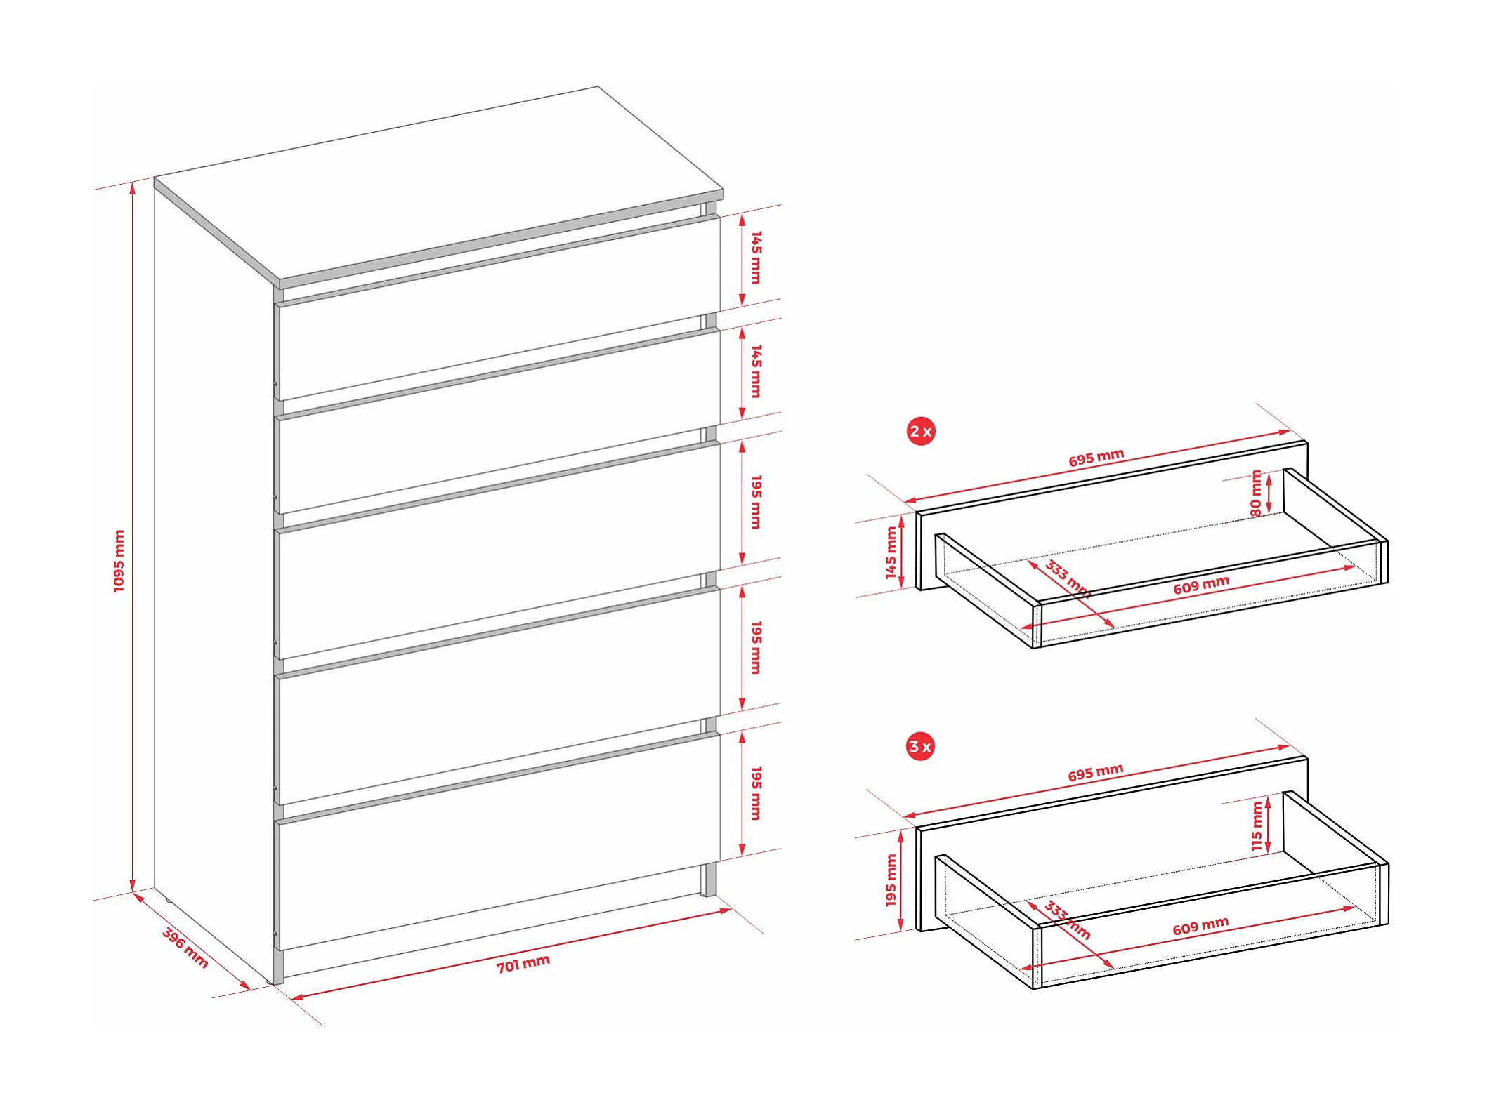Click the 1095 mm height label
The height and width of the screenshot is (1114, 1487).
[119, 560]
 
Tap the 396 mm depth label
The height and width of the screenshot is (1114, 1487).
[185, 948]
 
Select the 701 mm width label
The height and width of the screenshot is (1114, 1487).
[523, 964]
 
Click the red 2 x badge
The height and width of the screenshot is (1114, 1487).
[920, 431]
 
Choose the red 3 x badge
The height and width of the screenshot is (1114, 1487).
[920, 746]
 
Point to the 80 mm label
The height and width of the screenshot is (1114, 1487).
[1256, 493]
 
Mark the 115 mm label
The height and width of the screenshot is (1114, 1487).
[1257, 826]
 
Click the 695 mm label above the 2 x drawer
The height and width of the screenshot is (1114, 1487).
[1096, 458]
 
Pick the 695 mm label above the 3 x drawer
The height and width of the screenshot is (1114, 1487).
[1096, 772]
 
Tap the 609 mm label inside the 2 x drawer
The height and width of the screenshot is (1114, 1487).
[1201, 584]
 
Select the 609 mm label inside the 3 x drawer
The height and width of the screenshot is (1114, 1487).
[1200, 926]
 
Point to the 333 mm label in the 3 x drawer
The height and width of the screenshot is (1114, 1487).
[1067, 920]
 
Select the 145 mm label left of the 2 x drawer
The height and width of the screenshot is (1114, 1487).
[891, 552]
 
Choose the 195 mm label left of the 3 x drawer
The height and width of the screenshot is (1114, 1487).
[891, 880]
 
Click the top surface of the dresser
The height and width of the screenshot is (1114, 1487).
[435, 186]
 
